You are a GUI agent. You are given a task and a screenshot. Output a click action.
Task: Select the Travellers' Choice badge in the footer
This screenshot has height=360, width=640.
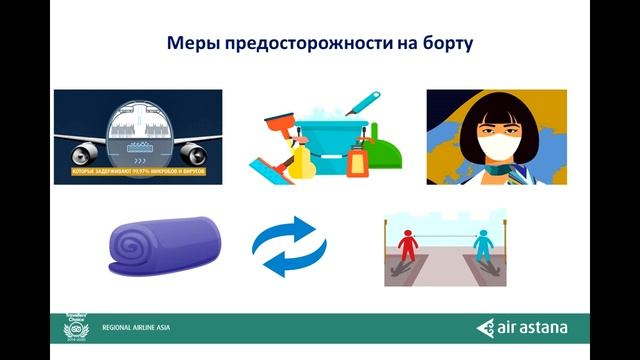click(76, 326)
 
